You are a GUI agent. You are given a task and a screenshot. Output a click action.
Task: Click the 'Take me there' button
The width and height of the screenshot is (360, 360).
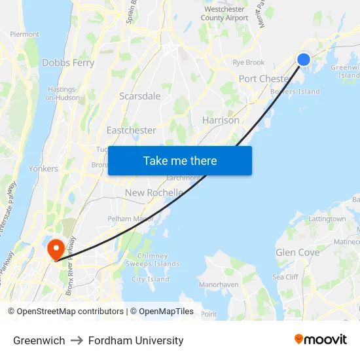coord(180,160)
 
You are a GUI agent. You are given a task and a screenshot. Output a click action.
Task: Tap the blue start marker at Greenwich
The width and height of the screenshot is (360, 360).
coord(304,60)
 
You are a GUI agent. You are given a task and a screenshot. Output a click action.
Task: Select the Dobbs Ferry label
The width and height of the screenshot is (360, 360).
coord(68,63)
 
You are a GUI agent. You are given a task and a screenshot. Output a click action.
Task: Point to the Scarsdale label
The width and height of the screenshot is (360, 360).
coord(139,96)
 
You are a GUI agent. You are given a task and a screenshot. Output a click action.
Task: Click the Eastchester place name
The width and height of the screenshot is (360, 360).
coord(131,130)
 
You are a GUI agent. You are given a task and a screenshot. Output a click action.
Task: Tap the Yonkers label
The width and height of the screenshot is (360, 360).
coord(43,168)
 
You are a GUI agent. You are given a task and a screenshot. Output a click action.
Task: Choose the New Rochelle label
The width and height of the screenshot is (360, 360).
coord(154,192)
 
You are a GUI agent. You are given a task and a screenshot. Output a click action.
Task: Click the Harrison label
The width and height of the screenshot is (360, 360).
coord(221,120)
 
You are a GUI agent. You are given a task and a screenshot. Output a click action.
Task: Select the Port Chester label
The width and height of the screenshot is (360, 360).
coord(264,79)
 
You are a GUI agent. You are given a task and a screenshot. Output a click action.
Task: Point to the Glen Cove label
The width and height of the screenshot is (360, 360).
coord(297,252)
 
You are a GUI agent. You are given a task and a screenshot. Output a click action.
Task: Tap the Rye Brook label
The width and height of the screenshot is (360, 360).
coord(248,63)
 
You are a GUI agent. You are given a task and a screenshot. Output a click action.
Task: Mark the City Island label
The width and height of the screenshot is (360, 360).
coord(150,279)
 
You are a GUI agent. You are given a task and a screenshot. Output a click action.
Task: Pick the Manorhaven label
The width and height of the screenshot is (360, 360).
coord(218,285)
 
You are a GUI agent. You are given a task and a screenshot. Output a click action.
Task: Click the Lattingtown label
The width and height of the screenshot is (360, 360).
coord(327,219)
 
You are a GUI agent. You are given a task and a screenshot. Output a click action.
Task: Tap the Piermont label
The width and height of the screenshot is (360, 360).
coord(25,34)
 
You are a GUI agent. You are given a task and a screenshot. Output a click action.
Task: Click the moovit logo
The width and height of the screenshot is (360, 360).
coord(320,340)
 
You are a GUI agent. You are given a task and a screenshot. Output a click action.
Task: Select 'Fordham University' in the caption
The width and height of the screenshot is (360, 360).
coord(135,340)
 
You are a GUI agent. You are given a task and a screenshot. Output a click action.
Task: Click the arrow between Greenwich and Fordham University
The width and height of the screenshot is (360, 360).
coord(77,340)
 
